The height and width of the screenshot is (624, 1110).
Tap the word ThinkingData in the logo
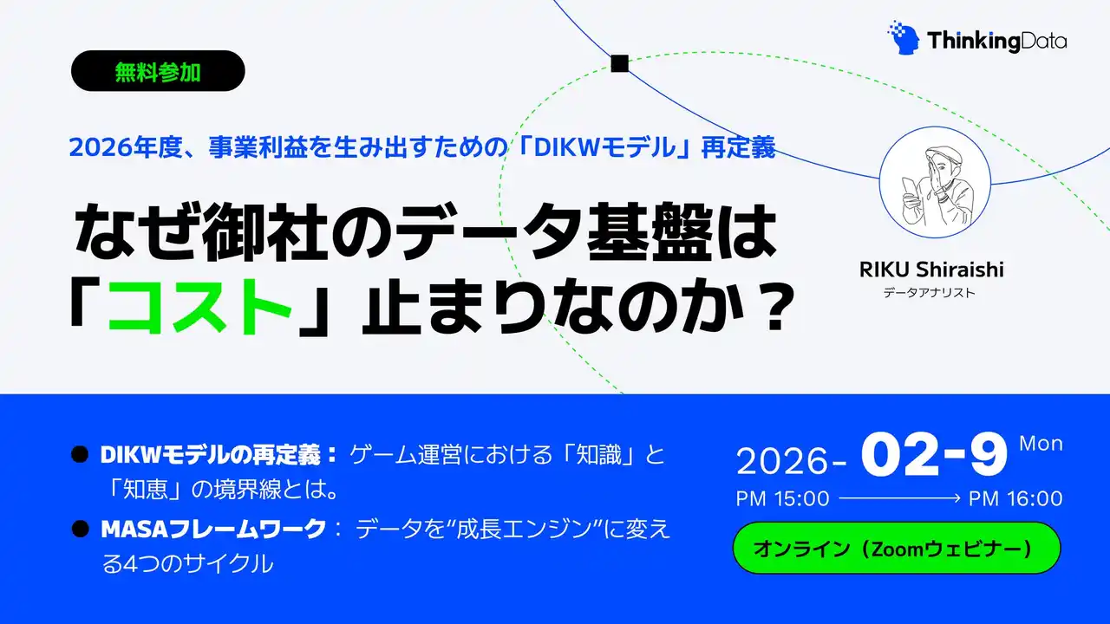996,40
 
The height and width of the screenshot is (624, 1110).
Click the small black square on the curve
619,62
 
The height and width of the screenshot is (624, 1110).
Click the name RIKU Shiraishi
930,270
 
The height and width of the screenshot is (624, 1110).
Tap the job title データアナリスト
929,293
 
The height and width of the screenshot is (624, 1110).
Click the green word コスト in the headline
199,309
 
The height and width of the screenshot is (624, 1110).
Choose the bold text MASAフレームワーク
212,528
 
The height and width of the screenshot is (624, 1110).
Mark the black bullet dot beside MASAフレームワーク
81,528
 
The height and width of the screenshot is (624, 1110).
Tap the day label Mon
1041,444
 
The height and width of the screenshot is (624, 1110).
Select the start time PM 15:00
782,498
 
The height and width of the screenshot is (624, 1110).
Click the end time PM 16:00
1015,498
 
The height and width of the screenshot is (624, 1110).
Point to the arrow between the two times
899,498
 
